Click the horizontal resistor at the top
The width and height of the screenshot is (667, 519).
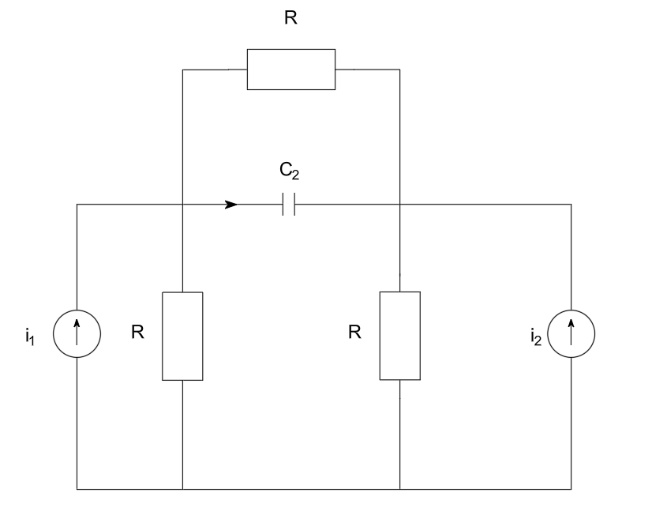(x=291, y=70)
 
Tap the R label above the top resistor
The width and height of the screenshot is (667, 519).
(x=291, y=18)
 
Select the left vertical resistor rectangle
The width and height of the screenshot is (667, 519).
(x=182, y=336)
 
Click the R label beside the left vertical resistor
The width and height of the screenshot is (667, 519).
(x=137, y=333)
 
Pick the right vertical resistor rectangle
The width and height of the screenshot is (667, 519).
(x=399, y=336)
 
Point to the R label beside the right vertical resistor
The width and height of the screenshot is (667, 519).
(x=355, y=333)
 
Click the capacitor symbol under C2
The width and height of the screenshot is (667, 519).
(x=289, y=205)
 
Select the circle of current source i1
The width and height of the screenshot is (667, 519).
(x=77, y=334)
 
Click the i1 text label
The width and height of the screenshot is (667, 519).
(x=31, y=337)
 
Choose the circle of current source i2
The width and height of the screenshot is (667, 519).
(x=571, y=334)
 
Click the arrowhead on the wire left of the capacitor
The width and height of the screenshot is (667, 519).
(x=231, y=205)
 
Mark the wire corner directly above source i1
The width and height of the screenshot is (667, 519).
(x=77, y=205)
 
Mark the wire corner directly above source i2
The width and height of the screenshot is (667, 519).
(x=571, y=205)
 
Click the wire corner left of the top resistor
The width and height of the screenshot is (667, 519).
(x=182, y=70)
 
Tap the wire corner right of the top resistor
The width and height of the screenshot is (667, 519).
(x=399, y=70)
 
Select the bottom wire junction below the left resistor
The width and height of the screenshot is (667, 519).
(x=182, y=489)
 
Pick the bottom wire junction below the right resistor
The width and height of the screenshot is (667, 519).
(x=399, y=489)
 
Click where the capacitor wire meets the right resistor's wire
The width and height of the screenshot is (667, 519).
(x=399, y=205)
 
